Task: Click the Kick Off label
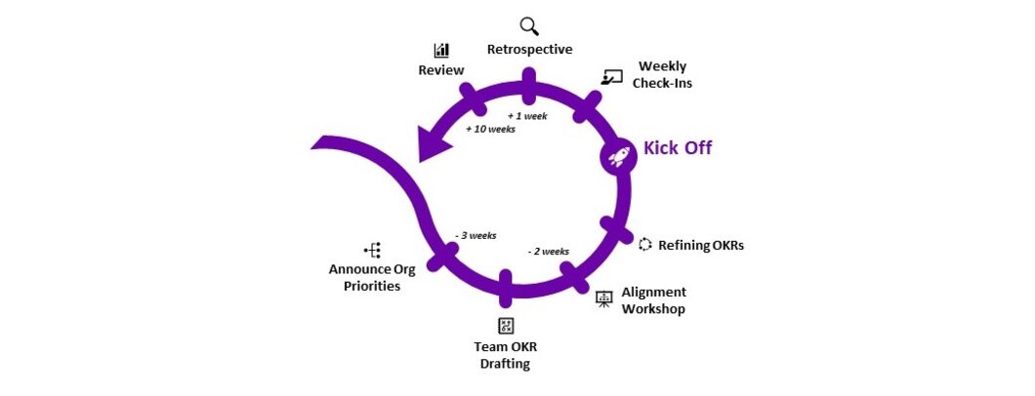click(677, 148)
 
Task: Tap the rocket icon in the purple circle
click(617, 155)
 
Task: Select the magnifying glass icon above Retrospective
click(528, 26)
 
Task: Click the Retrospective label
click(529, 49)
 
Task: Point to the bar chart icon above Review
click(441, 50)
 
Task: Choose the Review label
click(441, 70)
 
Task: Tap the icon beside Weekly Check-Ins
click(612, 77)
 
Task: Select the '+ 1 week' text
click(527, 115)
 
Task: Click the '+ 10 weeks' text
click(490, 129)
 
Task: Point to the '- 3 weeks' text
click(476, 235)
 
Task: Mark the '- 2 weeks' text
click(548, 251)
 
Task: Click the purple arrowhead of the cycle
click(429, 144)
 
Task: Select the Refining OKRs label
click(701, 245)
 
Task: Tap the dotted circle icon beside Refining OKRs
click(644, 244)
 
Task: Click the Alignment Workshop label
click(653, 300)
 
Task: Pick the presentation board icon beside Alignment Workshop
click(604, 299)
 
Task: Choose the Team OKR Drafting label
click(505, 355)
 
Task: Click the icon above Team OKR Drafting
click(505, 326)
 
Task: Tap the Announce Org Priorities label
click(364, 277)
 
